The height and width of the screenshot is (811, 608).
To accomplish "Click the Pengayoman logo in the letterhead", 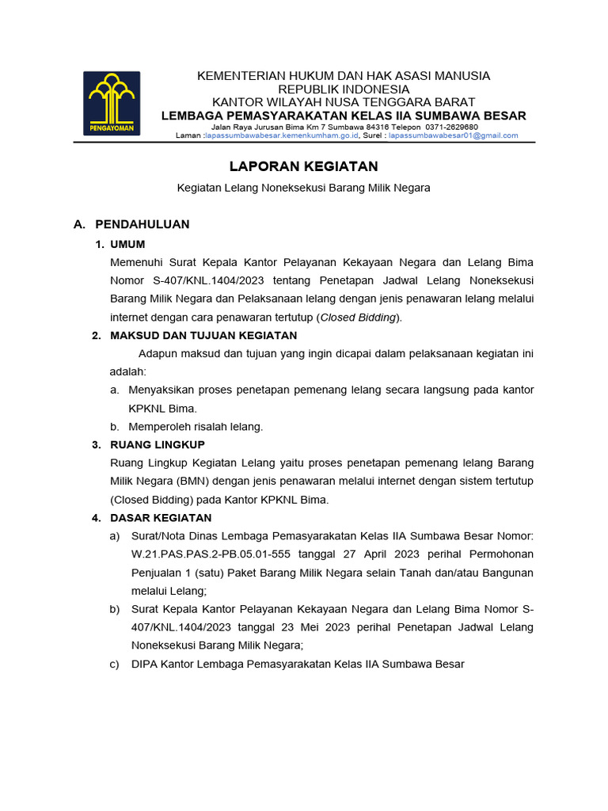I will tap(112, 103).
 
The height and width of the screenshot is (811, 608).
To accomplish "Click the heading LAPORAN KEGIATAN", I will tap(303, 166).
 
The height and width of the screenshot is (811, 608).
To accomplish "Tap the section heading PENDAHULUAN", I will tap(142, 224).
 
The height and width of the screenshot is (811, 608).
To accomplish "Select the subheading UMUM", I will tap(127, 245).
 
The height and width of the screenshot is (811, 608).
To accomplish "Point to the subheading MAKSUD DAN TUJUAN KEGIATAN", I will tap(203, 336).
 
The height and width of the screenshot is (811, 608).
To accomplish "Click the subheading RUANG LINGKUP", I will tap(158, 444).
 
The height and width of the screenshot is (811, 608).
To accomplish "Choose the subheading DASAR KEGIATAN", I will tap(161, 518).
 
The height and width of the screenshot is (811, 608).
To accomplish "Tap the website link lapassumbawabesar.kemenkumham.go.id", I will tap(282, 135).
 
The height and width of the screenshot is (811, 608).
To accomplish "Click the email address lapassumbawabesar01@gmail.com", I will tap(453, 135).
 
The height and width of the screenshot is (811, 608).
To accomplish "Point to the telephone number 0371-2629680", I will tap(451, 127).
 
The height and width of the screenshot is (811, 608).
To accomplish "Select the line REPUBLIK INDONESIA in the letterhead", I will tap(344, 89).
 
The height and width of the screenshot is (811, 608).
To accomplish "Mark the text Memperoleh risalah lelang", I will tap(196, 427).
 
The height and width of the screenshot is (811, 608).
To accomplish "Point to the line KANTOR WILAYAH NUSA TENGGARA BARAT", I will tap(344, 102).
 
